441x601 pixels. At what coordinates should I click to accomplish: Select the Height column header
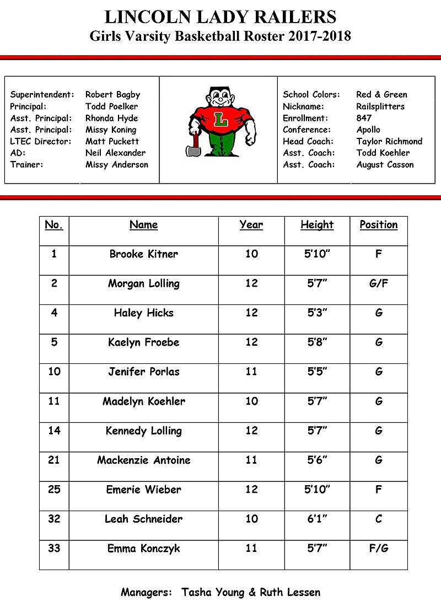(x=317, y=225)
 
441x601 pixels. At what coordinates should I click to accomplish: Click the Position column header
(x=379, y=225)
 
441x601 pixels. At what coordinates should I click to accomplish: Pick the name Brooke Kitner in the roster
(x=144, y=254)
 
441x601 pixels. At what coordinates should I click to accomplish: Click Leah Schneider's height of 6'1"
(x=317, y=519)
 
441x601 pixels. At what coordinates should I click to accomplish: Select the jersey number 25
(x=54, y=490)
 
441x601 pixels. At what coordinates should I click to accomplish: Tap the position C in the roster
(x=379, y=519)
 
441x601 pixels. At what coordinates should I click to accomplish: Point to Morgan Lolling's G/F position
(x=379, y=284)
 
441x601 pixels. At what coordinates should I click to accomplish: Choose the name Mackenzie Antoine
(x=144, y=460)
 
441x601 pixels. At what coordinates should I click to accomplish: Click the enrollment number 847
(x=364, y=118)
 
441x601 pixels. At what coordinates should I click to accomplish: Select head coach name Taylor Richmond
(x=389, y=141)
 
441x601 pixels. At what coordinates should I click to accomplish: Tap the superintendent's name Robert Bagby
(x=113, y=95)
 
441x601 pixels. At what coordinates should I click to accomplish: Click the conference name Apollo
(x=368, y=130)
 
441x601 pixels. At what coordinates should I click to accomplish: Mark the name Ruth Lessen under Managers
(x=291, y=593)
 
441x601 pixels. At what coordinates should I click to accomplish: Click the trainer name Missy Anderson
(x=117, y=164)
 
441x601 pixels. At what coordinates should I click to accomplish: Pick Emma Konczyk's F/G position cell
(x=379, y=549)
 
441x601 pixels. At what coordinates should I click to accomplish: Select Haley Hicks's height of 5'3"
(x=317, y=313)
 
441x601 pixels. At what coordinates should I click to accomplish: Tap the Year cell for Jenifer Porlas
(x=251, y=372)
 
